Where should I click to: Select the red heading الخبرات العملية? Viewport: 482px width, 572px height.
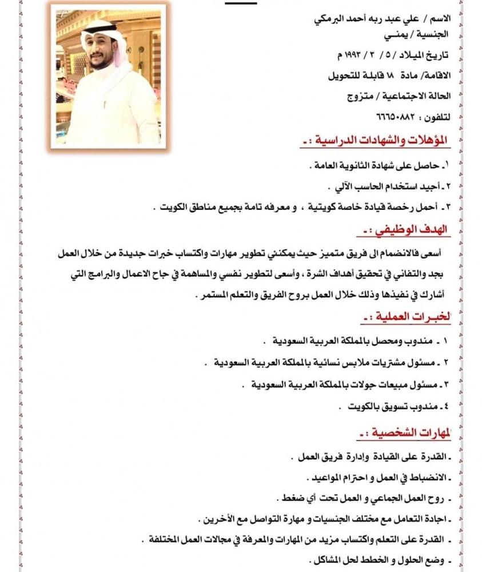407,316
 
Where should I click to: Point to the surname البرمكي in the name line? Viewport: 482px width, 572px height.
330,18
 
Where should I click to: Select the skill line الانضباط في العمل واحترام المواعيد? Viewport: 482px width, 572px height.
377,477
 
